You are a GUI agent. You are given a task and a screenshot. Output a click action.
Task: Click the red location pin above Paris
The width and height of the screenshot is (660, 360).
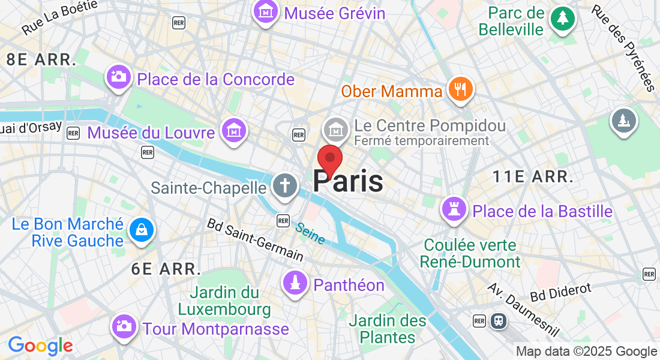tap(329, 159)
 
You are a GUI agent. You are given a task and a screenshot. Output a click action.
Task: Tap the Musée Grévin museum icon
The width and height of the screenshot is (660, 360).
tap(265, 12)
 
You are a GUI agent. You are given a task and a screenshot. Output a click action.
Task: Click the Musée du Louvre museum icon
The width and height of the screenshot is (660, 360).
tap(234, 130)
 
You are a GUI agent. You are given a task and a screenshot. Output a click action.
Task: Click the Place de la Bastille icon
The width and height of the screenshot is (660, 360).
tap(454, 209)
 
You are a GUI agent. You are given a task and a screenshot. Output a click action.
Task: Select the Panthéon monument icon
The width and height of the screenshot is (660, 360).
tap(295, 284)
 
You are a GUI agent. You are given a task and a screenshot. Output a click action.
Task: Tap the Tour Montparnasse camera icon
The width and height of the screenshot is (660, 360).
tap(124, 326)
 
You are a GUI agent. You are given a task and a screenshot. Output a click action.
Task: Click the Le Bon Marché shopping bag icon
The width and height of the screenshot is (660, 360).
tap(142, 230)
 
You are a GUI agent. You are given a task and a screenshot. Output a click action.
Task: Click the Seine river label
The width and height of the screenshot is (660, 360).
tap(310, 233)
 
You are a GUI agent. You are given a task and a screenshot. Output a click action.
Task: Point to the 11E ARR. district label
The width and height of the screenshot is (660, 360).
tap(532, 176)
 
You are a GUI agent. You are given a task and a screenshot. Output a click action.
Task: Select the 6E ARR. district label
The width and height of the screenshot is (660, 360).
tap(166, 269)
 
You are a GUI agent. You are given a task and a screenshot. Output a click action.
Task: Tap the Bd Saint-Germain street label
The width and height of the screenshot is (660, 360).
tap(254, 239)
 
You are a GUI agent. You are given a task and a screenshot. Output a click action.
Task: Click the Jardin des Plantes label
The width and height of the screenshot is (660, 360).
tap(388, 328)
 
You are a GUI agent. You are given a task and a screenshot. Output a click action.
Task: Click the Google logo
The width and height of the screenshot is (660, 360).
tap(40, 346)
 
